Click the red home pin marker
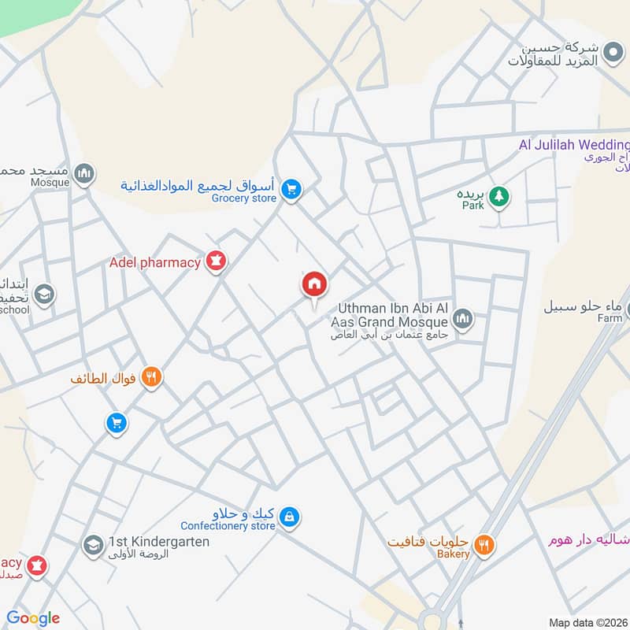pos(314,284)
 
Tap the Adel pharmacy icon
pos(216,261)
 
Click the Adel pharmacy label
pos(155,262)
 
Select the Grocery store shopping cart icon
pos(291,190)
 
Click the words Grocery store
pos(244,198)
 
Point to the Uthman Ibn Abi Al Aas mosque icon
pos(462,319)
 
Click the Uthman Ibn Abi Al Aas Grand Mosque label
pos(392,315)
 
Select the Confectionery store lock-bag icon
pos(290,517)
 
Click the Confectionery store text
pos(228,525)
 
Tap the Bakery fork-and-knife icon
pos(484,543)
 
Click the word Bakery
pos(454,554)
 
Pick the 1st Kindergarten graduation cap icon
pos(93,544)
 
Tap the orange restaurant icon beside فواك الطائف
pos(152,378)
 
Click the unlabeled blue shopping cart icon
pos(117,424)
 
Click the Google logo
pos(33,618)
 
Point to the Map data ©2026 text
pos(588,622)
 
